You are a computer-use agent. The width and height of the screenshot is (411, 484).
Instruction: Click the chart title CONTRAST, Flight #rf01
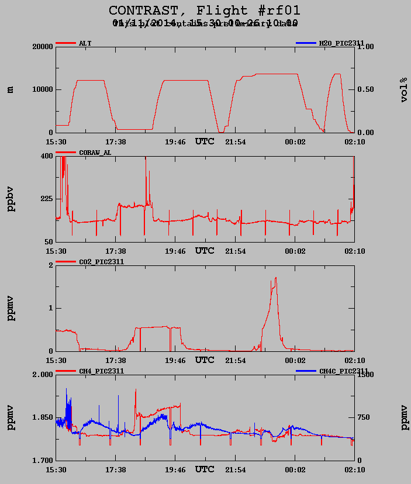click(205, 11)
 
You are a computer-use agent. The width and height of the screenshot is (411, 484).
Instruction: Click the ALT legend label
click(85, 43)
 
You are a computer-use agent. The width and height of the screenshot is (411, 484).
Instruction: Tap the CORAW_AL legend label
click(95, 153)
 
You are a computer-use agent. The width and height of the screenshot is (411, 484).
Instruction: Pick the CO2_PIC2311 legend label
click(101, 262)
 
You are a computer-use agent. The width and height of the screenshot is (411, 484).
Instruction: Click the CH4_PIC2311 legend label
click(101, 371)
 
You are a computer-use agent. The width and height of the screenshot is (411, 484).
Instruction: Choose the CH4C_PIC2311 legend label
click(344, 371)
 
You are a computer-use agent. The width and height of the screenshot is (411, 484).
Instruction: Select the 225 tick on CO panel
click(46, 199)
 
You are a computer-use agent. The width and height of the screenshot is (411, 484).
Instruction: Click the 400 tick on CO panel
click(46, 156)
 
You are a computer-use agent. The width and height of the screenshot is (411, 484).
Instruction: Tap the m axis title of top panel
click(10, 89)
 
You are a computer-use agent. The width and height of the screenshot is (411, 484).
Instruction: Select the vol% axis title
click(404, 89)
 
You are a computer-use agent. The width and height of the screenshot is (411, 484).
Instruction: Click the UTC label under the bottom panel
click(205, 469)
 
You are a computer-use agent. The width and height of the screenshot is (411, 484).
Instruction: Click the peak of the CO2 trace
click(275, 278)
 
